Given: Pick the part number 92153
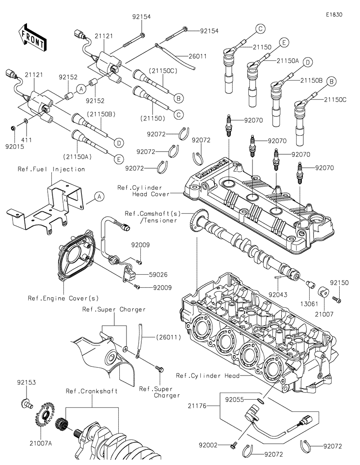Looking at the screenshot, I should coord(27,383).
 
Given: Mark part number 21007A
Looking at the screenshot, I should coord(44,443).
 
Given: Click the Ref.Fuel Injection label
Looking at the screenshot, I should coord(51,169).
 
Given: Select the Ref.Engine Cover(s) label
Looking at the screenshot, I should coord(69,298).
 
